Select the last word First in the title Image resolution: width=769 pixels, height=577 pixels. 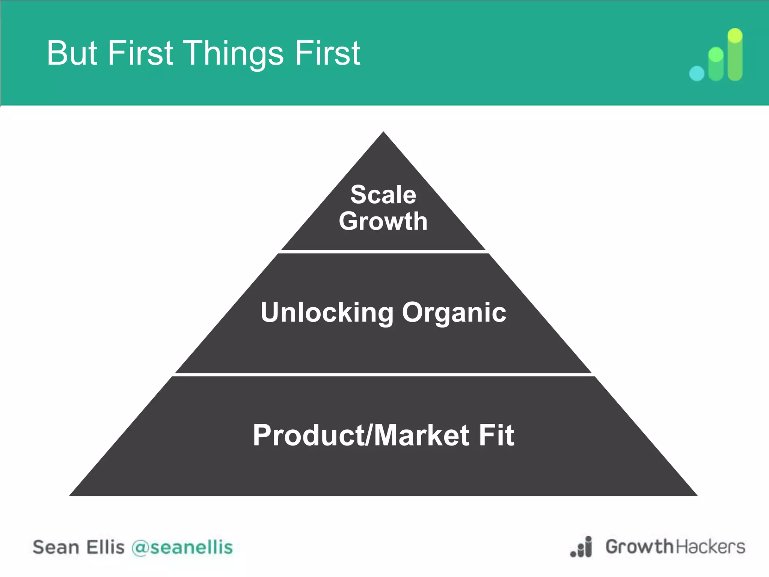pos(327,53)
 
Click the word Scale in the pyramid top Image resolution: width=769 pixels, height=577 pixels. pos(383,195)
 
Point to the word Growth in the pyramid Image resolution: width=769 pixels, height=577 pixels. pos(383,221)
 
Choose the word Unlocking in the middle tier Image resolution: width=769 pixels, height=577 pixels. pos(327,312)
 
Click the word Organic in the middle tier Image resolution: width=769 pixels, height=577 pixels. pos(454,312)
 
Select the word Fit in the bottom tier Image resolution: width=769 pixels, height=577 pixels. pos(496,435)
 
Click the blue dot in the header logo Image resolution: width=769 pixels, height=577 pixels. pos(697,73)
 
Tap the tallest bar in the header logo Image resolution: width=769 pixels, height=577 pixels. pos(735,54)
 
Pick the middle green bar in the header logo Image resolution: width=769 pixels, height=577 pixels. pos(716,64)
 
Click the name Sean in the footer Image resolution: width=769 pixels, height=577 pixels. pos(56,547)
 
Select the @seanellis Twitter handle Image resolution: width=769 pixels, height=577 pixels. pos(182,547)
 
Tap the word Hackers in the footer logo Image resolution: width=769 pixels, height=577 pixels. pos(710,547)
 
